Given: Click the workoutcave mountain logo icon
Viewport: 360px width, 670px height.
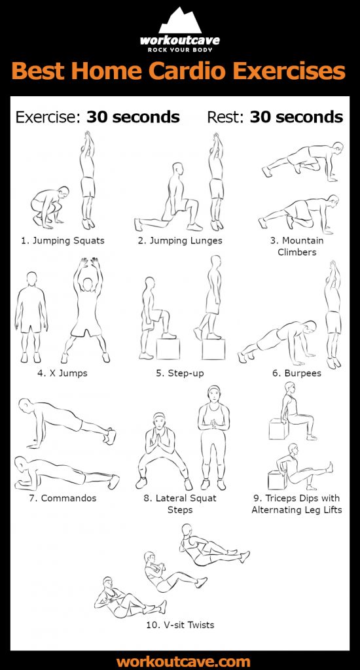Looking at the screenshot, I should coord(179,20).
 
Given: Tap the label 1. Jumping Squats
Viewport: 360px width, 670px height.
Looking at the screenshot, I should coord(63,240).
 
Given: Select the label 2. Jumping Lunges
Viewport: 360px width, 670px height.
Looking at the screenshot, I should coord(180,240).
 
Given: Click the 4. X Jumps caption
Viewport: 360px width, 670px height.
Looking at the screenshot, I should coord(63,373).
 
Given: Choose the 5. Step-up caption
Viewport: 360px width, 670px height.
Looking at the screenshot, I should coord(180,373).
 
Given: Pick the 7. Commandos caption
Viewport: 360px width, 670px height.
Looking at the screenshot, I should coord(63,498).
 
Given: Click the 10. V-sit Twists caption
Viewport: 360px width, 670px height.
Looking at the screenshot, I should coord(180,625).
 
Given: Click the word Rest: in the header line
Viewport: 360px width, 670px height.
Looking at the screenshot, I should coord(226,117).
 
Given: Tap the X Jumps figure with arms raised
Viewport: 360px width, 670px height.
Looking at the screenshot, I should coord(86,311).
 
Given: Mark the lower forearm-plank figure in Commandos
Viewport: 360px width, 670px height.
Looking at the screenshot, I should coord(65,471).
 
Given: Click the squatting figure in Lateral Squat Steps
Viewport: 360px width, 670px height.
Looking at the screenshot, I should coord(161,451).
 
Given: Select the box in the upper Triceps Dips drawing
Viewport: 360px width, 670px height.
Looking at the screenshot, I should coord(278,429).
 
